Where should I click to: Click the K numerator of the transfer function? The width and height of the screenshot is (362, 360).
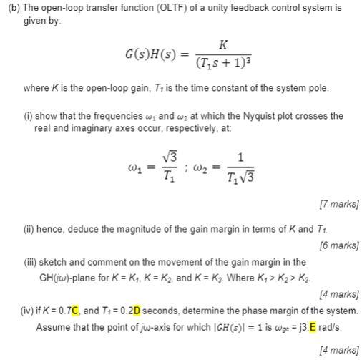[x=222, y=44]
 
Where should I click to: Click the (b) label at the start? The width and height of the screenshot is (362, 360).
[x=12, y=8]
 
